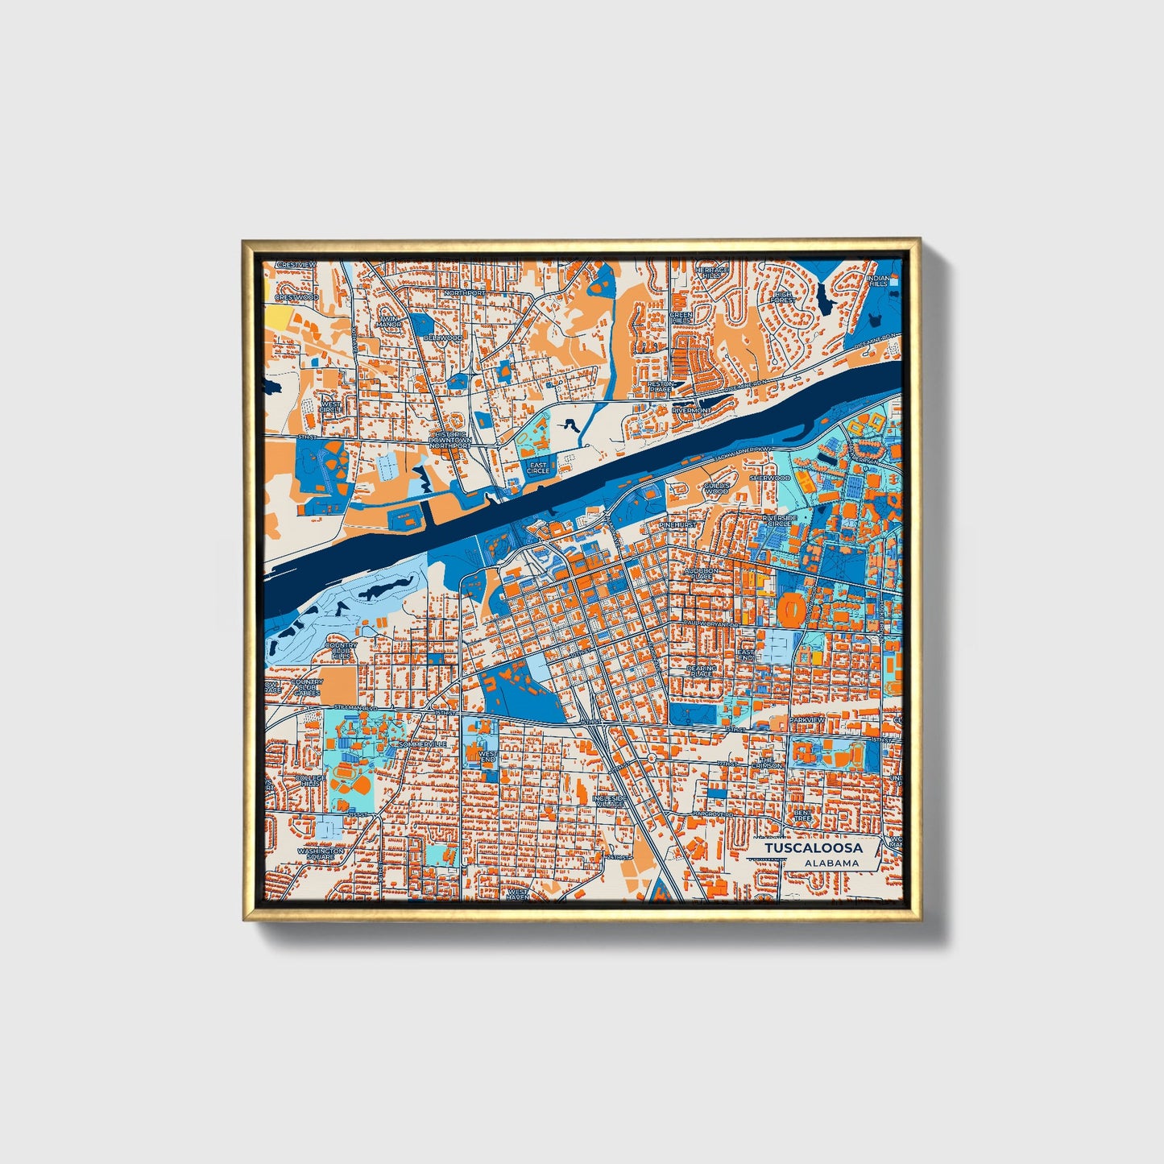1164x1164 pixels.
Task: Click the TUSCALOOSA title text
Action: coord(813,848)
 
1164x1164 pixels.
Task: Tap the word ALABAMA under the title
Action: coord(831,863)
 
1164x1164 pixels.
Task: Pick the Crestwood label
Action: coord(296,297)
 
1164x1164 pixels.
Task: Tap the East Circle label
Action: coord(538,467)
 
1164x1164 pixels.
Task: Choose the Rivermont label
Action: coord(691,410)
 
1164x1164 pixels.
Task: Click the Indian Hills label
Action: coord(878,280)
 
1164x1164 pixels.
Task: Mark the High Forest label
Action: coord(782,297)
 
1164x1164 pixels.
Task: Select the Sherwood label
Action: coord(770,478)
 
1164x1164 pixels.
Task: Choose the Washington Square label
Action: coord(320,854)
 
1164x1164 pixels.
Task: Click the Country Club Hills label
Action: coord(341,651)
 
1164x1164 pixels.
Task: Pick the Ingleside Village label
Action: coord(609,801)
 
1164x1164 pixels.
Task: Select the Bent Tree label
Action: coord(802,815)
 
